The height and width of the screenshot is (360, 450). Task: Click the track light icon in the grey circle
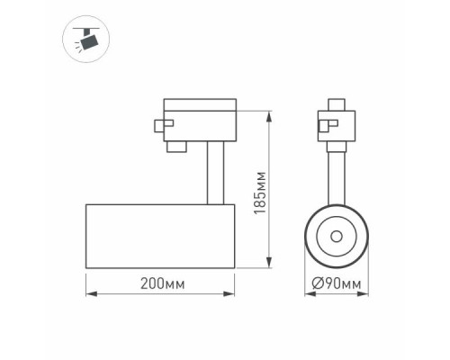point(86,39)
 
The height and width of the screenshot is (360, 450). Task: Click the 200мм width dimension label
point(163,285)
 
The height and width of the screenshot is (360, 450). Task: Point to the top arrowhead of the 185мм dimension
point(268,114)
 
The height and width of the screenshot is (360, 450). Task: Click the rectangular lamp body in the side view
point(160,236)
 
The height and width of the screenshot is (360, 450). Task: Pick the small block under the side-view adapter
point(177,143)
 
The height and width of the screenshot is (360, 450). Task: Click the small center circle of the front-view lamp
point(337,237)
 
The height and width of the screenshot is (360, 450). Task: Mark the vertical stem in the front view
point(337,175)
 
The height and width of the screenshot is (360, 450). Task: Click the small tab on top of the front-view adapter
point(337,101)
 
